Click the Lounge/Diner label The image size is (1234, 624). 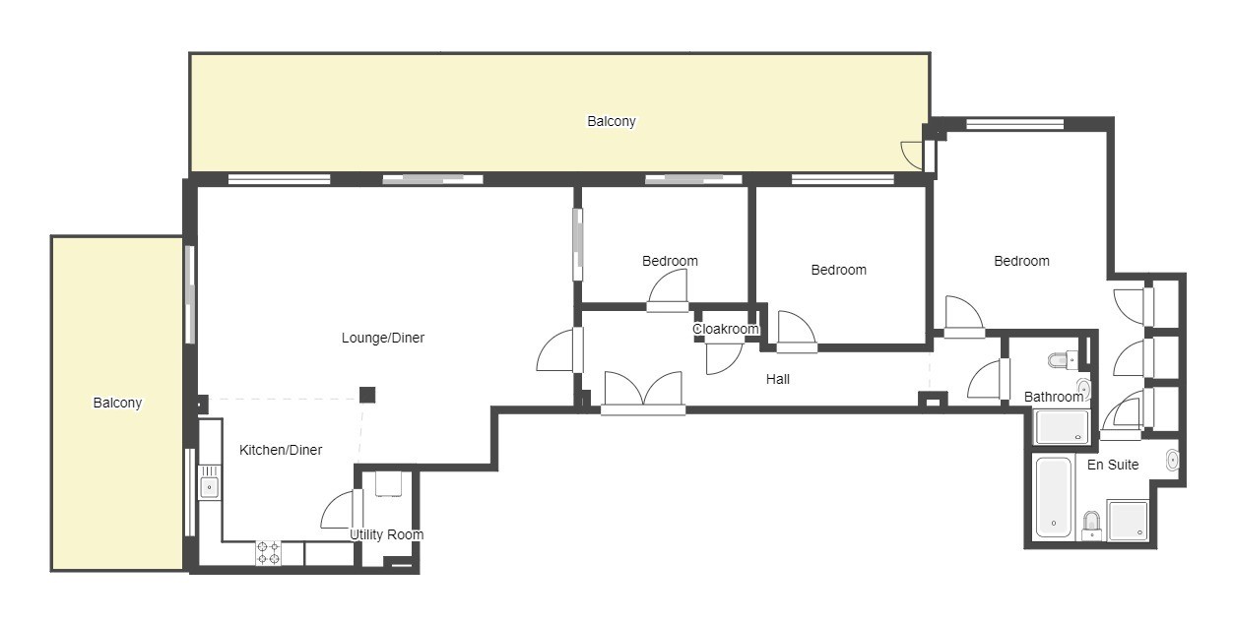pos(383,338)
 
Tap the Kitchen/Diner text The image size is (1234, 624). pos(281,450)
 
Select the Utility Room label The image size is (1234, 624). pos(387,534)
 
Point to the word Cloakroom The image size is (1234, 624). pos(726,329)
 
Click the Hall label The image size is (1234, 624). pos(778,379)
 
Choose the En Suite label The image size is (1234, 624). pos(1113,465)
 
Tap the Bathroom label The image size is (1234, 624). pos(1054,397)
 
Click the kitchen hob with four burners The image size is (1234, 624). pos(268,553)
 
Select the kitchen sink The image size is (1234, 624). pos(209,482)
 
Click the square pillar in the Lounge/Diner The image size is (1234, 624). pos(367,395)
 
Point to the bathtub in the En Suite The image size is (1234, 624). pos(1054,497)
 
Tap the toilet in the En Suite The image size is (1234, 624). pos(1091,526)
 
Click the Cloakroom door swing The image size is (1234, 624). pos(724,358)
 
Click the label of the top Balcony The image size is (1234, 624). pos(611,121)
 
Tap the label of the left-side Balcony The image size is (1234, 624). pos(117,403)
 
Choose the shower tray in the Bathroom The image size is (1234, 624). pos(1062,427)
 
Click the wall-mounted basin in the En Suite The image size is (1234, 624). pos(1172,460)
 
